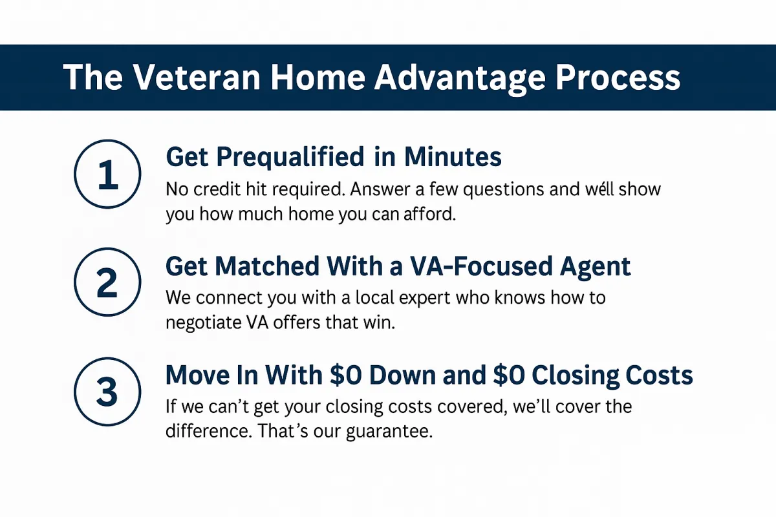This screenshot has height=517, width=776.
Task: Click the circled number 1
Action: point(107,174)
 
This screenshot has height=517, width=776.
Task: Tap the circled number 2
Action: point(107,282)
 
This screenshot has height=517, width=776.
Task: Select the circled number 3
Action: point(107,392)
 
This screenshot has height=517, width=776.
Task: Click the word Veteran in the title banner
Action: point(197,77)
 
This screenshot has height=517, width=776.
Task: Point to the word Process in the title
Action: point(618,77)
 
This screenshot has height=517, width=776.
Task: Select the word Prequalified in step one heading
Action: point(290,158)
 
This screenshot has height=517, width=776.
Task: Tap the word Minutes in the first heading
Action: point(453,157)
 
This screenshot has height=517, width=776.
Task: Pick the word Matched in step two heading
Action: point(266,266)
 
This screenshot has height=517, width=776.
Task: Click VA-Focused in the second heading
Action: point(481,266)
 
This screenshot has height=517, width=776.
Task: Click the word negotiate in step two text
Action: point(204,323)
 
